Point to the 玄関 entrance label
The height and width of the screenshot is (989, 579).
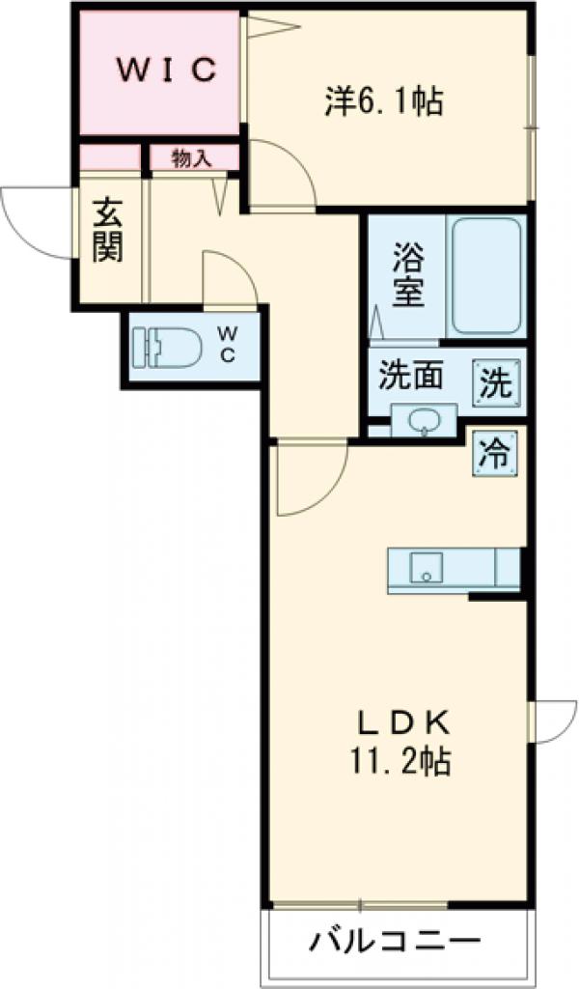point(108,231)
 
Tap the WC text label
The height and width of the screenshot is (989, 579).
point(228,344)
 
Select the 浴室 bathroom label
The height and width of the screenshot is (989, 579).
point(407,275)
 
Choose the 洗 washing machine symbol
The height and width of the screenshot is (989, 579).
point(494,383)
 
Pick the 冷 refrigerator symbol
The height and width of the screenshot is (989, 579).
point(494,452)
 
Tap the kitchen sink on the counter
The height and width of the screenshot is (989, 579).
point(426,568)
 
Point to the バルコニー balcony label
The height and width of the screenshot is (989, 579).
point(395,940)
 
